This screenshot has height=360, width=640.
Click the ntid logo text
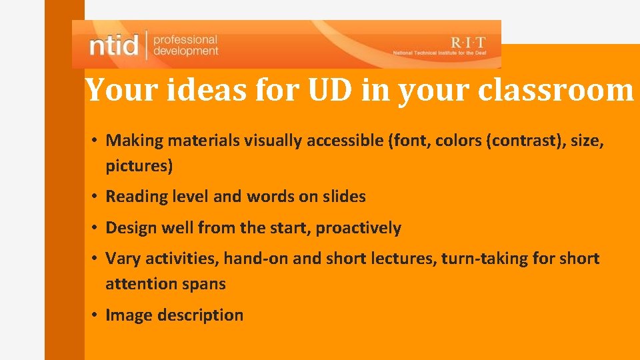click(114, 45)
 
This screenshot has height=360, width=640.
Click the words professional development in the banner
click(185, 45)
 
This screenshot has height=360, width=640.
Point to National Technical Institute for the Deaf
click(443, 53)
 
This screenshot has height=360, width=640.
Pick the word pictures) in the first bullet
click(139, 166)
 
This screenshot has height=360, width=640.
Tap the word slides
click(343, 197)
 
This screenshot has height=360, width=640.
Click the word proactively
click(358, 228)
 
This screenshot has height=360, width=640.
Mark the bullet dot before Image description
click(97, 315)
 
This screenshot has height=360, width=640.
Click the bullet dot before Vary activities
click(97, 258)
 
